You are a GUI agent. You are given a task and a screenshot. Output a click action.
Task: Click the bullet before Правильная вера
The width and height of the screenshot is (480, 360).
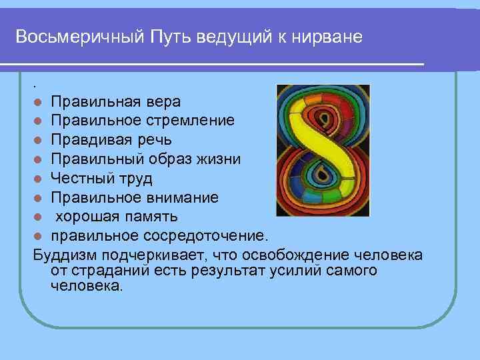[x=39, y=102]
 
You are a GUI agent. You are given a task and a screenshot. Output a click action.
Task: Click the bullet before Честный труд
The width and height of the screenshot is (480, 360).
[x=39, y=179]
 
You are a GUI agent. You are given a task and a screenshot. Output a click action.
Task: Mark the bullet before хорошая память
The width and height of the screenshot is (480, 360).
[x=39, y=217]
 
